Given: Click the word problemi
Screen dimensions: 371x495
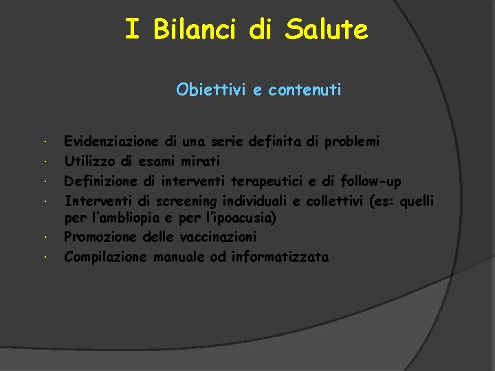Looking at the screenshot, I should coord(351,142).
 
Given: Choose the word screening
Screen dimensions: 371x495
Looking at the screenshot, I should coord(186,201).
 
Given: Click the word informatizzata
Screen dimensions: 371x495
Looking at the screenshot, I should coord(280,257).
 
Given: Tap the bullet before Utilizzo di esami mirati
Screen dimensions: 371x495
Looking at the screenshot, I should coord(43,162).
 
